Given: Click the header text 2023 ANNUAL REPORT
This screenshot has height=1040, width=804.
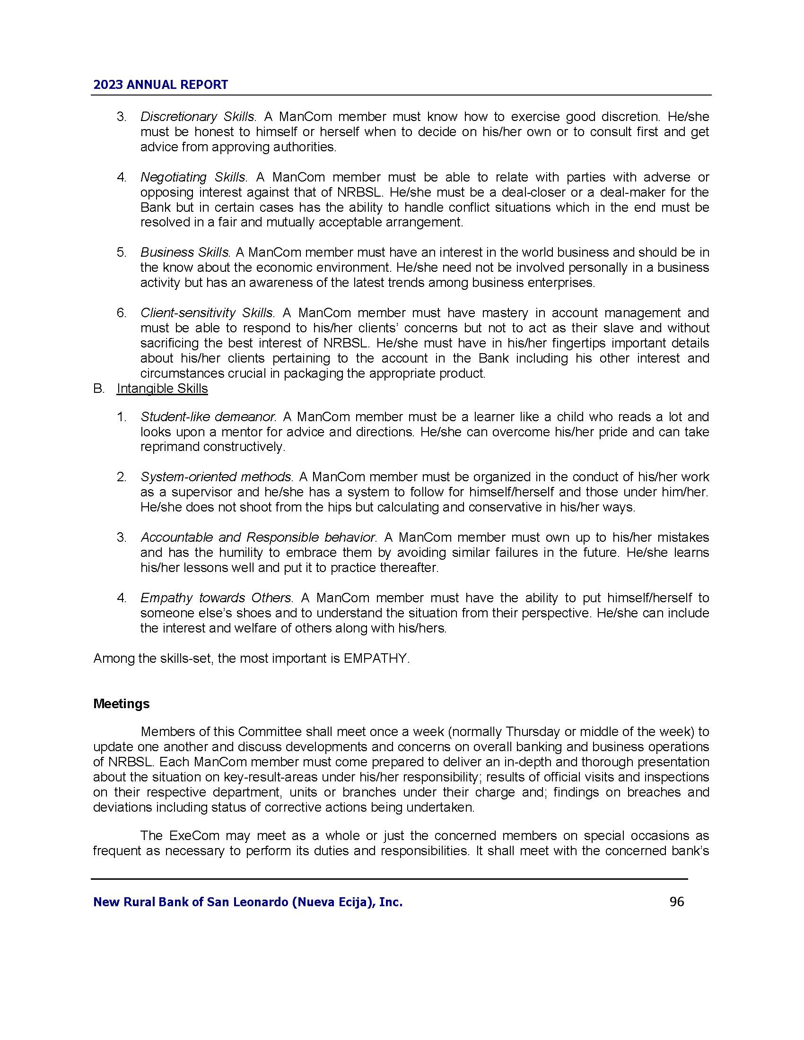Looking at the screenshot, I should coord(160,85).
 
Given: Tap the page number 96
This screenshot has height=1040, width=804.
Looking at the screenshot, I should coord(676,901).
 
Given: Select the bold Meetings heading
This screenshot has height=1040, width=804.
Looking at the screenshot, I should coord(121,704).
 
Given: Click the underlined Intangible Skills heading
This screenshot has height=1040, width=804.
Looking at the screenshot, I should coord(162,389).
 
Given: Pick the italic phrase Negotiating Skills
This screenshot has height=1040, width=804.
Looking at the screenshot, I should coord(193,177).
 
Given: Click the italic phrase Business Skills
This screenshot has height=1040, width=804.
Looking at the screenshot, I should coord(185,252).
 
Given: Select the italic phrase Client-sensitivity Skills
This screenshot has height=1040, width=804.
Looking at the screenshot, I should coord(207,313).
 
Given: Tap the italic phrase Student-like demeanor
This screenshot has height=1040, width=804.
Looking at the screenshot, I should coord(208,416).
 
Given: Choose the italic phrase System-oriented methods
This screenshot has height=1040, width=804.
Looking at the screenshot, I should coord(216,477).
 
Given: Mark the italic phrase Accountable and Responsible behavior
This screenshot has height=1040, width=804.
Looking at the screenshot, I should coord(258,537).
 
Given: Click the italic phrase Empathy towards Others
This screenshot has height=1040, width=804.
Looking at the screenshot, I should coord(215,598).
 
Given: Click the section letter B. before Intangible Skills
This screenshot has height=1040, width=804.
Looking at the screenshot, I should coord(98,389).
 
